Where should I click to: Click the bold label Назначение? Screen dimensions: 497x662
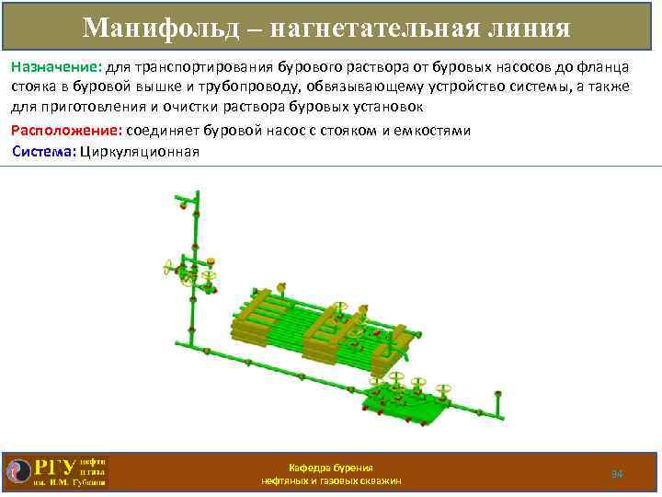[x=56, y=68]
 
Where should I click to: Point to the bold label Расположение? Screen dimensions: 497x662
[x=65, y=131]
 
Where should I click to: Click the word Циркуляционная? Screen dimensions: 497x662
[x=140, y=151]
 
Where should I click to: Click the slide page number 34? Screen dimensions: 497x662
[x=617, y=473]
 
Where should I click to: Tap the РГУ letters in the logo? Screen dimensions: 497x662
[x=54, y=468]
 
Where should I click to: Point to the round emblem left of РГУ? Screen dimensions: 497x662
[x=17, y=470]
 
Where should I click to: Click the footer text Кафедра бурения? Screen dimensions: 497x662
[x=331, y=468]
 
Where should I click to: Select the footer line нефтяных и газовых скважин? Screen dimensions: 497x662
[x=331, y=481]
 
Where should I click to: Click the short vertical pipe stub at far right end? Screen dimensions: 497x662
[x=497, y=402]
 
